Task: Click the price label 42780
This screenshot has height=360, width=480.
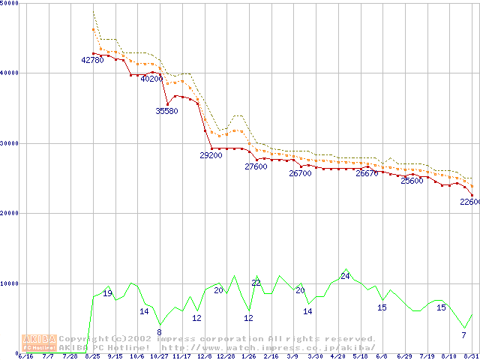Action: point(92,60)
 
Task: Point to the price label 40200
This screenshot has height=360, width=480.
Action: point(151,79)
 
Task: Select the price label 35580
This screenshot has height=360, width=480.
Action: point(166,111)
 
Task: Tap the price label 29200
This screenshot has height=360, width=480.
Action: point(211,155)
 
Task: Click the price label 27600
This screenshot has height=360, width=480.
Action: point(256,166)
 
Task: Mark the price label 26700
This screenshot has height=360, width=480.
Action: point(300,173)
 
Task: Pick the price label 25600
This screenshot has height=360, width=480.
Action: point(412,181)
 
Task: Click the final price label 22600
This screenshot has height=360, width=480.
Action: point(469,202)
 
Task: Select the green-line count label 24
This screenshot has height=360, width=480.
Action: point(345,276)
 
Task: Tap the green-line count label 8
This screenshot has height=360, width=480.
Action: point(159,331)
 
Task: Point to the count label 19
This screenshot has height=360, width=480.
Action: point(107,293)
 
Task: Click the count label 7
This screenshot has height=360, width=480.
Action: point(464,334)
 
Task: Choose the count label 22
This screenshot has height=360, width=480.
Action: point(256,283)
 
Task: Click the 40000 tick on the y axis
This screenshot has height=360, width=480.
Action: point(10,73)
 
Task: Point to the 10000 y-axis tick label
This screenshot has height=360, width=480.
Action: point(10,283)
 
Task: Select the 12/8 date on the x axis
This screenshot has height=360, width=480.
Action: point(204,356)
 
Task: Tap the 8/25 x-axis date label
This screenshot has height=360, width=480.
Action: point(93,356)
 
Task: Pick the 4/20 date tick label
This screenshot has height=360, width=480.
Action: point(337,356)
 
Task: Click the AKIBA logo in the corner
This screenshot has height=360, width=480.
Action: point(39,343)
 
